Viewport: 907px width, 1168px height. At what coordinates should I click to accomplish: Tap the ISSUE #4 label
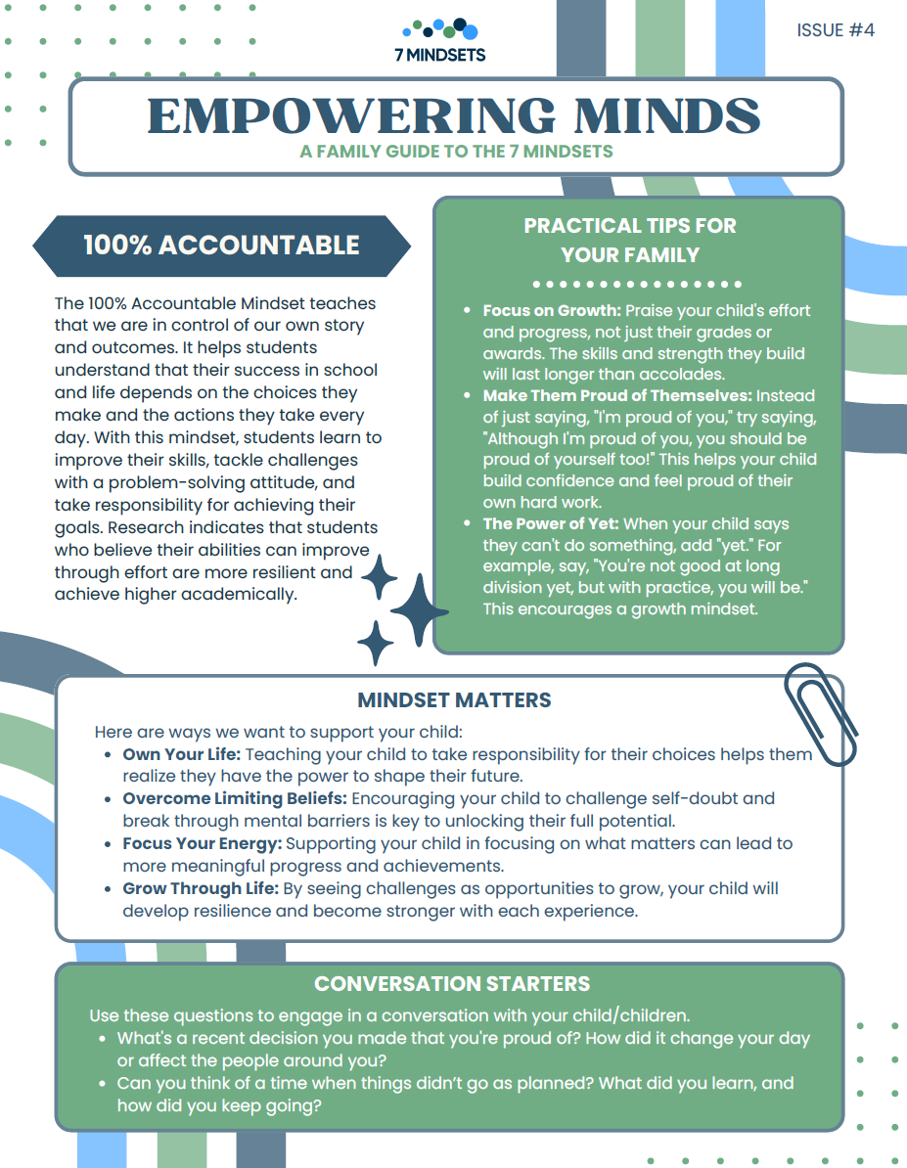click(836, 30)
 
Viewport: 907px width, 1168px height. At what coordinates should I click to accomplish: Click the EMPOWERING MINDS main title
click(454, 115)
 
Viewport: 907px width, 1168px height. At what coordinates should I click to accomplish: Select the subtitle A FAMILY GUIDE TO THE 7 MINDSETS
click(457, 152)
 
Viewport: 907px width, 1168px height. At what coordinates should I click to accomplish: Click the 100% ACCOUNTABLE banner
click(221, 245)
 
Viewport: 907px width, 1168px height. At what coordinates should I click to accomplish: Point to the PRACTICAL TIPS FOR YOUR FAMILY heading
click(630, 240)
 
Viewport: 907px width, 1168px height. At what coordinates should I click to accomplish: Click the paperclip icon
click(820, 712)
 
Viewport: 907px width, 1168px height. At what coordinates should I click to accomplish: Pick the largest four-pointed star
click(419, 608)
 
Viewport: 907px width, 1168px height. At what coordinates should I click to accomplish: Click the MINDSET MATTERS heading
click(454, 700)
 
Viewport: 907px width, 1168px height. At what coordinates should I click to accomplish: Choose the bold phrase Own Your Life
click(181, 755)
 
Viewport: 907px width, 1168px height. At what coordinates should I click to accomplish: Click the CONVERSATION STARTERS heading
click(452, 983)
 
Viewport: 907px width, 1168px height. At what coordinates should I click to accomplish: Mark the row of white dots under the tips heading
click(637, 285)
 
